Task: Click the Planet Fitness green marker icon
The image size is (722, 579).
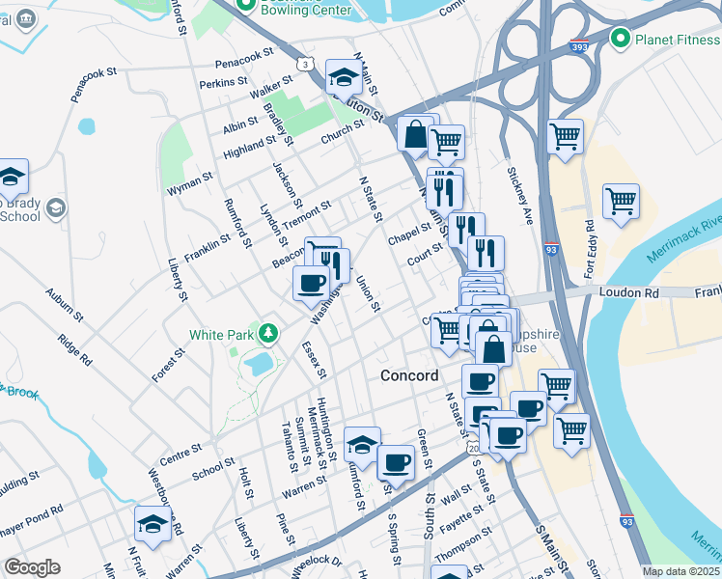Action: tap(621, 39)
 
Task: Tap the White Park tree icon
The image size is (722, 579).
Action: tap(268, 334)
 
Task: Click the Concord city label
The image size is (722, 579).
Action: tap(409, 375)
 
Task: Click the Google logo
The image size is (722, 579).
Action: tap(32, 566)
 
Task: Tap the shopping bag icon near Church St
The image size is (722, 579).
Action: tap(415, 135)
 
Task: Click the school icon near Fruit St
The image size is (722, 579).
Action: tap(153, 524)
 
